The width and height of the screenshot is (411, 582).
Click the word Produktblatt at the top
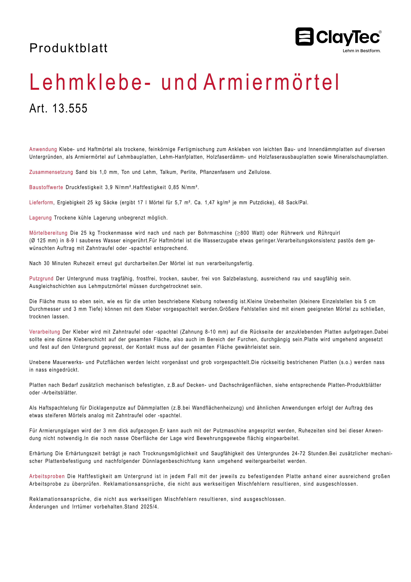[68, 48]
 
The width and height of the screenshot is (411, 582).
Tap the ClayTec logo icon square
[304, 37]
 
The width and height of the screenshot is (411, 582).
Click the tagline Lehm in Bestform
[361, 51]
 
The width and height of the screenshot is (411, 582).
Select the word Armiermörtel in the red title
[271, 82]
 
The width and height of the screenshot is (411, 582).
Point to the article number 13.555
[70, 109]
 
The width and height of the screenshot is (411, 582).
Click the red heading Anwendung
[43, 149]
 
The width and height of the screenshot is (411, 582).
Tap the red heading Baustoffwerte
[46, 187]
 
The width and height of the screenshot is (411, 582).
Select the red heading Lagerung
[40, 218]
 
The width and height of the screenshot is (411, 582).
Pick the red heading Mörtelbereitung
[48, 233]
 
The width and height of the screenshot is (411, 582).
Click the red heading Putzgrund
[41, 279]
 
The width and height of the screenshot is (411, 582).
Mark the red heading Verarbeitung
[45, 332]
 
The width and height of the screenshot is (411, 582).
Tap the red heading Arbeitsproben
[47, 476]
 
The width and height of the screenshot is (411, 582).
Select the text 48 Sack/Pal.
[293, 203]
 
